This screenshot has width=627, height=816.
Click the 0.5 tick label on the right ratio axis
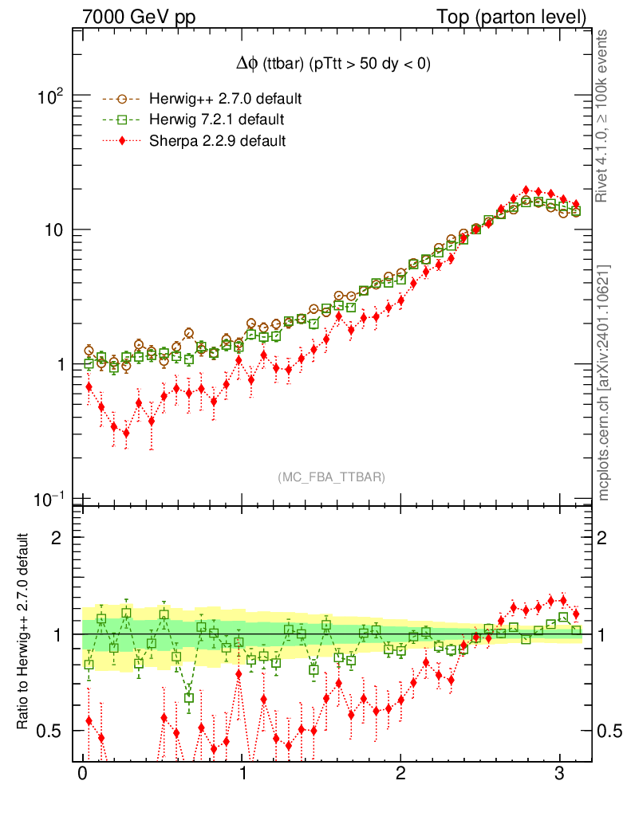click(x=611, y=731)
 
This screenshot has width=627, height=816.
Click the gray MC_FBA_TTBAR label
click(x=331, y=477)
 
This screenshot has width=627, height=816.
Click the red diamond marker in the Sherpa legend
click(x=122, y=140)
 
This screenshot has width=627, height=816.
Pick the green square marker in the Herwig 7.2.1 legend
click(x=122, y=120)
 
